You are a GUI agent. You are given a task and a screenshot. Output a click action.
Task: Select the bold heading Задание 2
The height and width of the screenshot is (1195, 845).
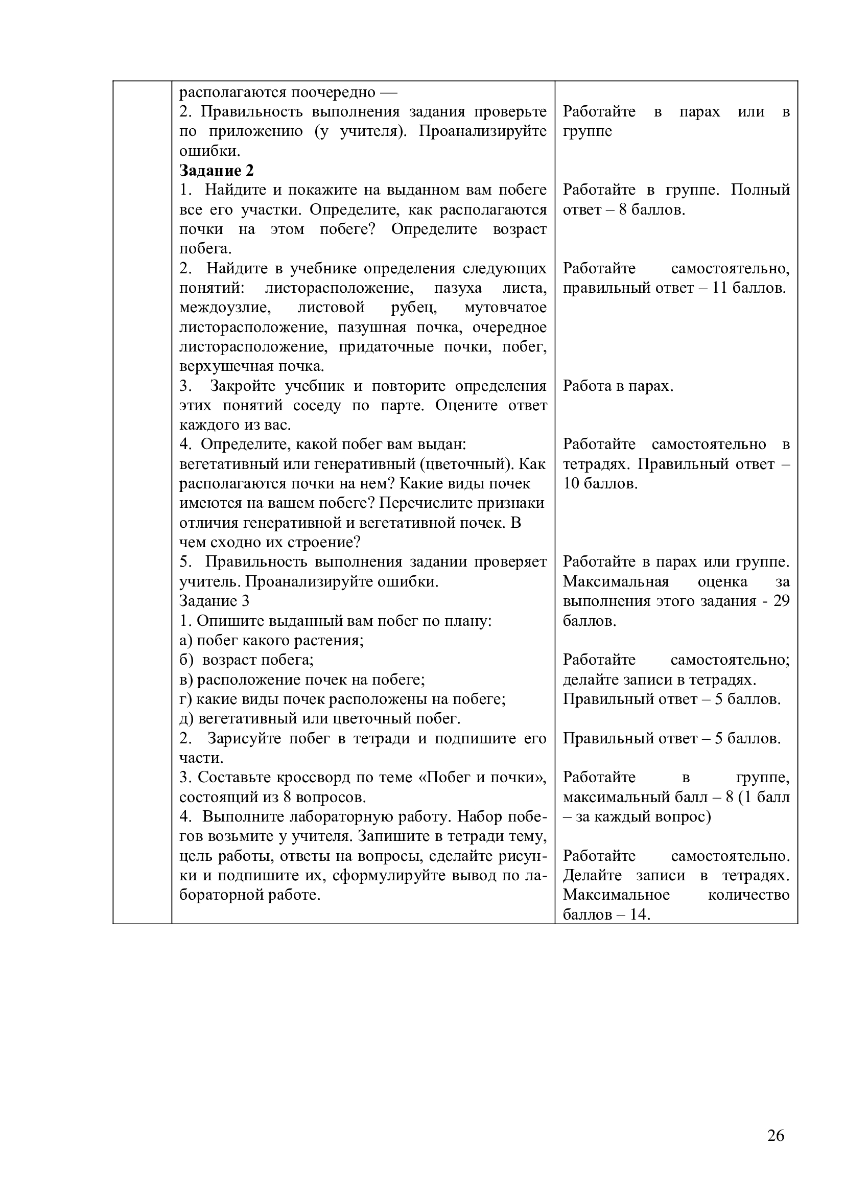coord(217,170)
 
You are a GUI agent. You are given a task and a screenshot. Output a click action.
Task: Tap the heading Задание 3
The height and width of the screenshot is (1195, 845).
coord(215,601)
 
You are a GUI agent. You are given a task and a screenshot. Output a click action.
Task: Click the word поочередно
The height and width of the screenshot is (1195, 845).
coord(333,92)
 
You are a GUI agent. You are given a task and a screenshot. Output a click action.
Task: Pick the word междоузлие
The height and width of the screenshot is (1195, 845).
coord(225,308)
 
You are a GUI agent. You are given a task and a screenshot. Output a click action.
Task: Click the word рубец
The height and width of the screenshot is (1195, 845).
coord(414,308)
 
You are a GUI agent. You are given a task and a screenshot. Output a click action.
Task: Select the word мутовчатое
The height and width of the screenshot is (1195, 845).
coord(505,308)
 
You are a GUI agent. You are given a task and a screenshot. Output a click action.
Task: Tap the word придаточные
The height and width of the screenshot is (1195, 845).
coord(386,346)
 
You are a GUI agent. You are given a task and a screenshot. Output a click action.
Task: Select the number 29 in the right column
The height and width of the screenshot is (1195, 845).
coord(781,601)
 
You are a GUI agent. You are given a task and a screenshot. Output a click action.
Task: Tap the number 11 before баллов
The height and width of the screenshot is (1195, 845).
coord(720,288)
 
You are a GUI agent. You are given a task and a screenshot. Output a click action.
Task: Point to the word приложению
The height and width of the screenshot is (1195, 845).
coord(255,131)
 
